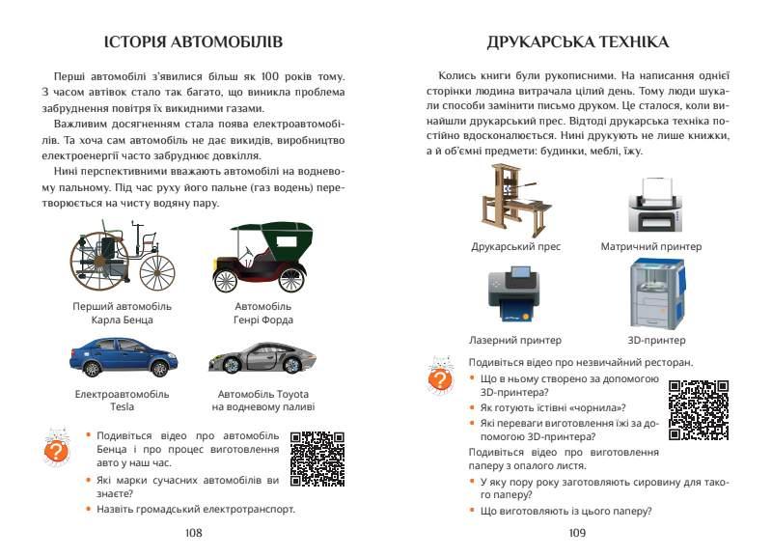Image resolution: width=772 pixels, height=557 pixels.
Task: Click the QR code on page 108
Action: tap(317, 458)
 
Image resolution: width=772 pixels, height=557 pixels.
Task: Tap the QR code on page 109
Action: tap(698, 409)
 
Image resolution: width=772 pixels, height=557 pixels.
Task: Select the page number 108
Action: tap(193, 532)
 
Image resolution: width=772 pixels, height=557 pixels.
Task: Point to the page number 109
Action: tap(578, 532)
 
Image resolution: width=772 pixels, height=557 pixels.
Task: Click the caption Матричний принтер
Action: tap(650, 246)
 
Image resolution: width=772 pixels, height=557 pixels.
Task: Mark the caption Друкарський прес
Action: tap(515, 246)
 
